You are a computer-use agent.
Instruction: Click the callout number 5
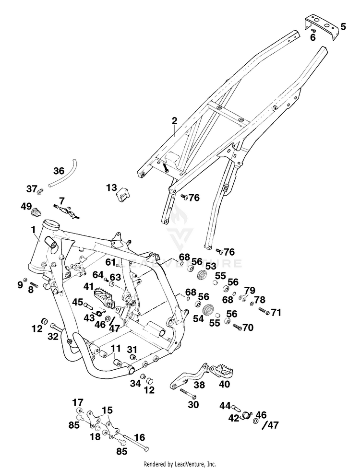(x=343, y=27)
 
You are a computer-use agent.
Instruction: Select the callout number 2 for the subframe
(x=174, y=121)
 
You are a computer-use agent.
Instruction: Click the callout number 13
(x=112, y=188)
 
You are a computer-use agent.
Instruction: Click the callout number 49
(x=26, y=206)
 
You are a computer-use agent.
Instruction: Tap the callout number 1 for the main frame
(x=33, y=230)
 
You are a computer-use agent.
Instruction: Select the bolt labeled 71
(x=264, y=311)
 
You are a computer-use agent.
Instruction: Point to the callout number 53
(x=211, y=266)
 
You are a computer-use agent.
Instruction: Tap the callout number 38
(x=199, y=385)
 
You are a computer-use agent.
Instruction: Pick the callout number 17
(x=78, y=403)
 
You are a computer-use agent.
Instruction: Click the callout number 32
(x=53, y=336)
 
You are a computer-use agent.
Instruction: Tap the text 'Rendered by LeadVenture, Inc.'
(x=180, y=464)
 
